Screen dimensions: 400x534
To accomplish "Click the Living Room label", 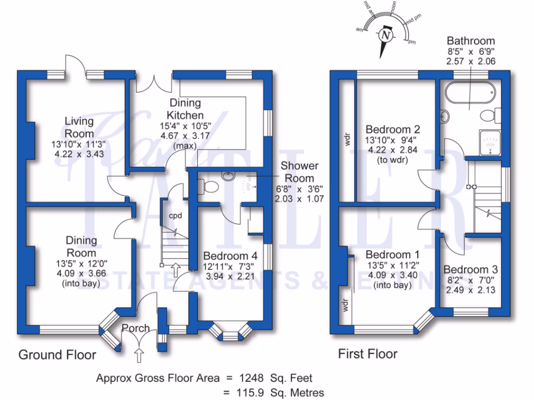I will point(79,127).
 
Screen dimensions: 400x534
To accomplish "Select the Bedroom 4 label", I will point(230,256).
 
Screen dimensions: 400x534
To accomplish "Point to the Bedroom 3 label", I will point(470,270).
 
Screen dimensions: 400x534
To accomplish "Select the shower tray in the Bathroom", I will point(489,143).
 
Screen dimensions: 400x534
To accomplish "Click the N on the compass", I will point(385,35).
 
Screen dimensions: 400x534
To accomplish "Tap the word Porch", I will point(136,328).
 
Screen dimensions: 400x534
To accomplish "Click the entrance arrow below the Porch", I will point(139,356).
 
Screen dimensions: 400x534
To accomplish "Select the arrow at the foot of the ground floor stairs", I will point(176,269).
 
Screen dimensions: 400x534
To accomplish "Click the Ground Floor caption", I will point(57,355).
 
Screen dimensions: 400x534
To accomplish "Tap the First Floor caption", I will point(368,354).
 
